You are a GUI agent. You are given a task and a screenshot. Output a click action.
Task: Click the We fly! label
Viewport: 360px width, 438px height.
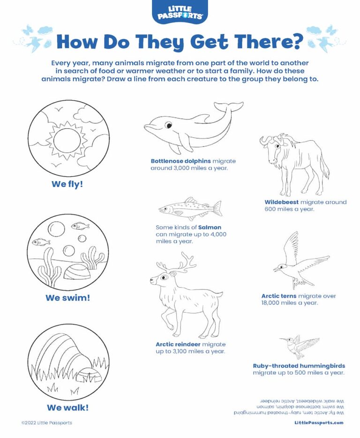pyautogui.click(x=67, y=184)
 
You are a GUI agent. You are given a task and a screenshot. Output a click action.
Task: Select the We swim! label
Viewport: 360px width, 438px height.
pyautogui.click(x=67, y=298)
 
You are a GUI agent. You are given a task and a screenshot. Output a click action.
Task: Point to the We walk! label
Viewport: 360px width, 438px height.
pyautogui.click(x=67, y=407)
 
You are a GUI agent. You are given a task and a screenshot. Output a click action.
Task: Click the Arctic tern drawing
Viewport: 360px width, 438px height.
pyautogui.click(x=298, y=262)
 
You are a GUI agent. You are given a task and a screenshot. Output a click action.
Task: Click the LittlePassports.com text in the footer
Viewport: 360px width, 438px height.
pyautogui.click(x=319, y=423)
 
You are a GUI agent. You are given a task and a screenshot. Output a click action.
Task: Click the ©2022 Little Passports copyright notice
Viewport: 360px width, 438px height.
pyautogui.click(x=47, y=423)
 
